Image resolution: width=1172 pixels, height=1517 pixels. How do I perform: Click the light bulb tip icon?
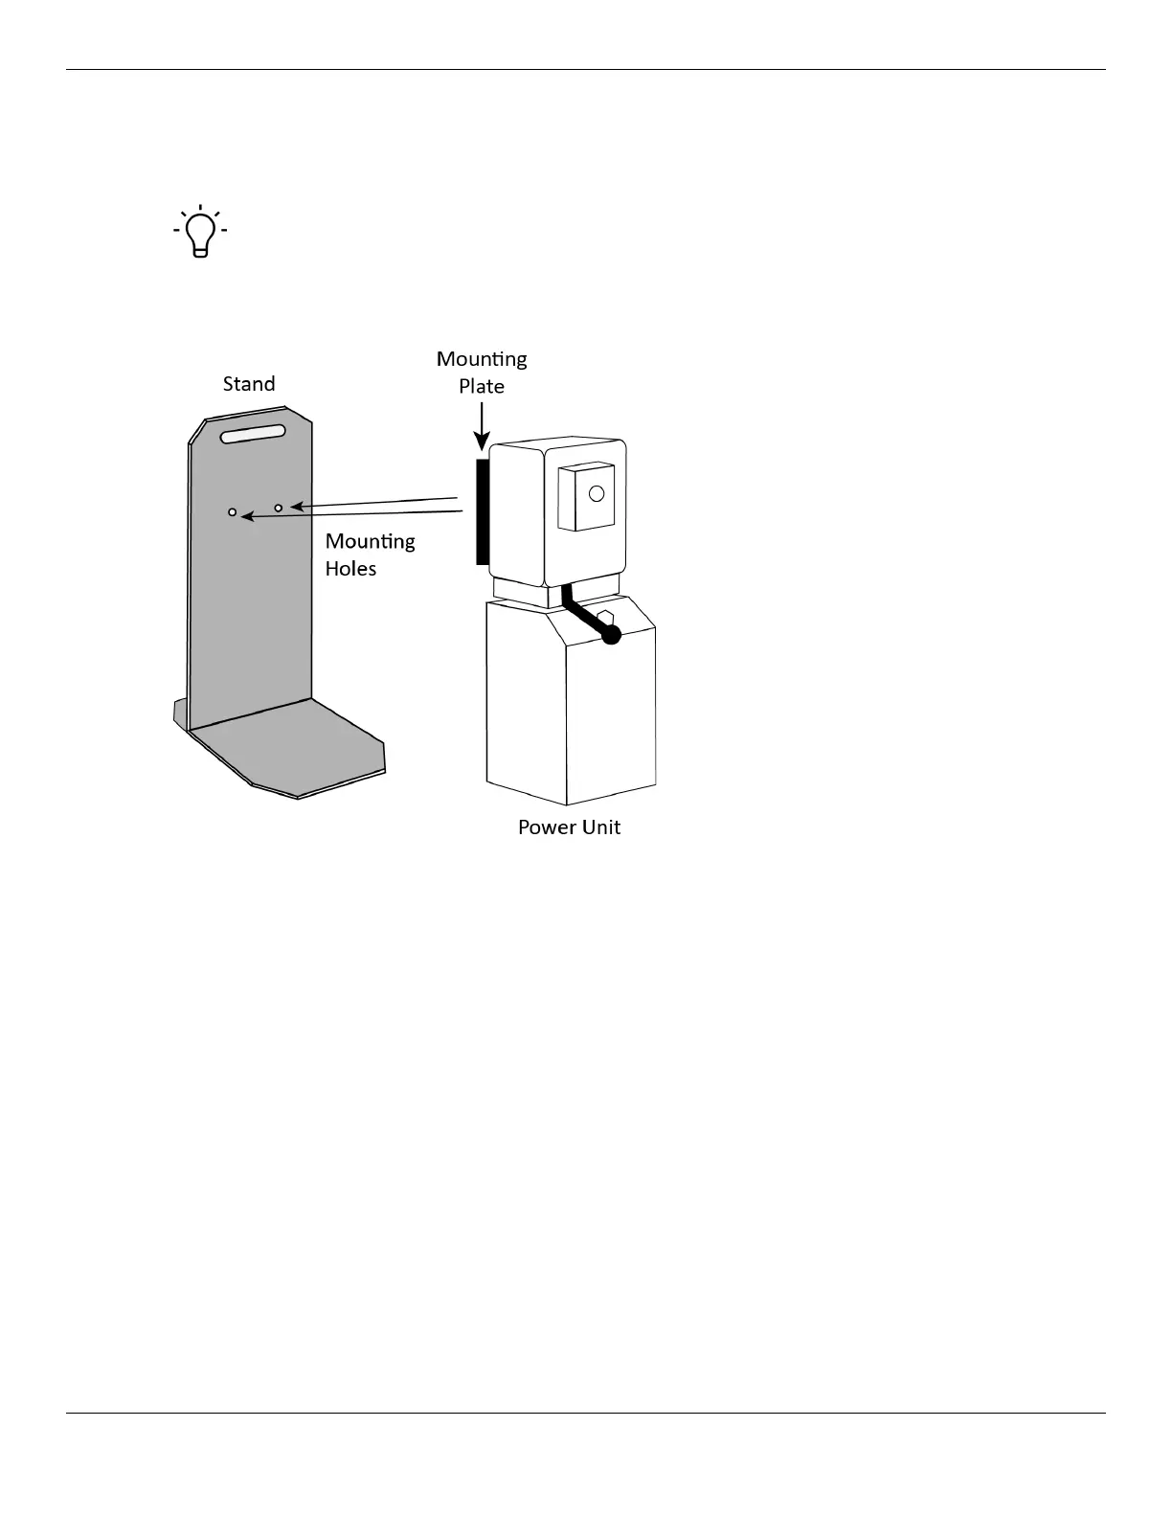200,231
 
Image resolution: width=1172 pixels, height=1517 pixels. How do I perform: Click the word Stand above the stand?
249,384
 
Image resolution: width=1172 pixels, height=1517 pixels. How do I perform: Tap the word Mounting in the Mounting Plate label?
482,359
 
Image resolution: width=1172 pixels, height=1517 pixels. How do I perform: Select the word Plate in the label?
482,386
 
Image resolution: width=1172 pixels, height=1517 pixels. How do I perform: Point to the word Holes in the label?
351,569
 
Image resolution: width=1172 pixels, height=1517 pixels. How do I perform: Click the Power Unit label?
569,827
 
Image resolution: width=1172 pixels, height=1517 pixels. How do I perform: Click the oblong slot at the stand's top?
253,435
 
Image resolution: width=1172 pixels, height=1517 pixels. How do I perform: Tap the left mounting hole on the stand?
233,513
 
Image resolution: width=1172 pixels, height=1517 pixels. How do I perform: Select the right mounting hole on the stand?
279,508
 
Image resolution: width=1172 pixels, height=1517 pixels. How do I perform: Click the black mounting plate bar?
483,511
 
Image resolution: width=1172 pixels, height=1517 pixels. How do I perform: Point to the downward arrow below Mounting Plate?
483,426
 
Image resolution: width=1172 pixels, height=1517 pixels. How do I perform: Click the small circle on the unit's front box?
597,494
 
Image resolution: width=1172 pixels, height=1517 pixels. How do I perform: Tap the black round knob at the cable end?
611,634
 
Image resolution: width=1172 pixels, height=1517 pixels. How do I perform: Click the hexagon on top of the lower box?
604,617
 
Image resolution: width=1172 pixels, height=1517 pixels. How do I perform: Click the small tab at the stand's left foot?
179,713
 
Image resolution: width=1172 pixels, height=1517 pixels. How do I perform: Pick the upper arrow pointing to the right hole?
373,502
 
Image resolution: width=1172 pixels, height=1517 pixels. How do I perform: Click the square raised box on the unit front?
585,497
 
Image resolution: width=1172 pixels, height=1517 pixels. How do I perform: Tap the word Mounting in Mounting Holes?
371,542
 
